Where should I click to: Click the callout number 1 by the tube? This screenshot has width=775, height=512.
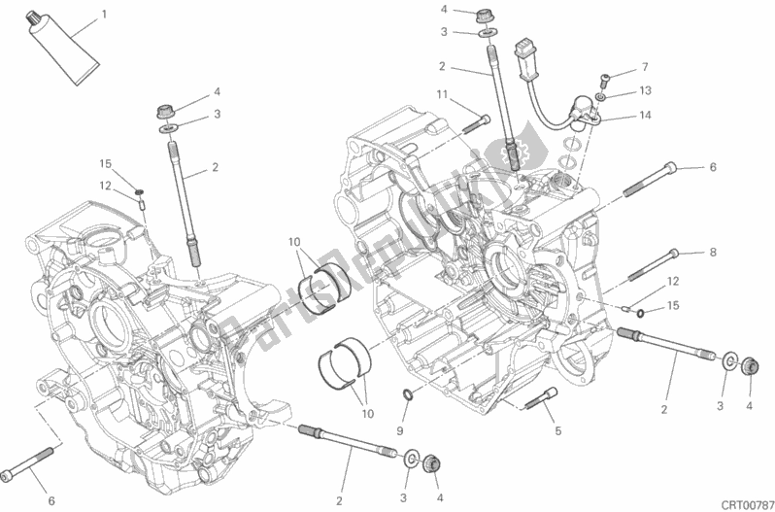105,16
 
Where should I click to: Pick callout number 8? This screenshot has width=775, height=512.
712,253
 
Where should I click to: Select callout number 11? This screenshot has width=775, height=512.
441,94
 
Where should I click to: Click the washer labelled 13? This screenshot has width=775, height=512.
604,97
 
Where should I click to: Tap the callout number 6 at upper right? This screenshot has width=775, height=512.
712,168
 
